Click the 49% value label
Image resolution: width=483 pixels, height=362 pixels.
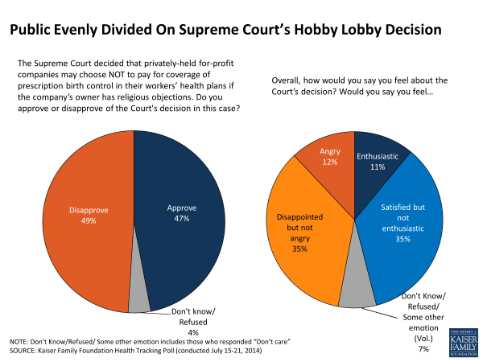click(76, 222)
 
